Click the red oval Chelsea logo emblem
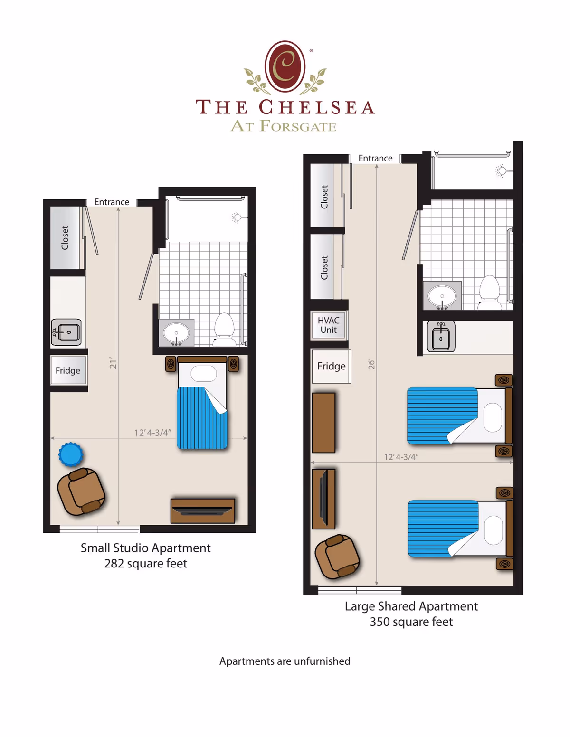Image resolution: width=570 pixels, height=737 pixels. [x=285, y=66]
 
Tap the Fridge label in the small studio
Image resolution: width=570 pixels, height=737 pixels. [x=68, y=370]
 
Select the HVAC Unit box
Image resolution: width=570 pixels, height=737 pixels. [x=328, y=325]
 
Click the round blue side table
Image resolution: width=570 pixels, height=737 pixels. [x=71, y=454]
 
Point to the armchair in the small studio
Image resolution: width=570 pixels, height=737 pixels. [x=81, y=491]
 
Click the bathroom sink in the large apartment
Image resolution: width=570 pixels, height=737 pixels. [x=442, y=296]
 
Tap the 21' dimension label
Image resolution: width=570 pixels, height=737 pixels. [x=113, y=363]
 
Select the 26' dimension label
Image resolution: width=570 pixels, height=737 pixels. [x=371, y=364]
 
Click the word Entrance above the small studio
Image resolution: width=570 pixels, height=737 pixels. [x=112, y=202]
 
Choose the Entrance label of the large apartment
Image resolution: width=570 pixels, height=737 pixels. [x=375, y=158]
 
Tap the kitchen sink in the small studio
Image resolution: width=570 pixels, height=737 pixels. [x=67, y=332]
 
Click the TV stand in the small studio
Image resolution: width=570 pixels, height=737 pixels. [x=203, y=510]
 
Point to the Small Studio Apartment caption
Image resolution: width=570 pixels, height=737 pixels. [x=145, y=548]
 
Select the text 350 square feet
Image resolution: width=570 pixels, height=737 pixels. [x=411, y=622]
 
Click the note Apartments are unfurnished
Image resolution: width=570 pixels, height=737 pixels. [x=285, y=661]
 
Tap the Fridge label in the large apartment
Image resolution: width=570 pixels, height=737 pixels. [x=332, y=366]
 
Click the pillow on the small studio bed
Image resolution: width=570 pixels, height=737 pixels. [x=204, y=373]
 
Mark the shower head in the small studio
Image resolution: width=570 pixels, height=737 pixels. [x=237, y=217]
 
